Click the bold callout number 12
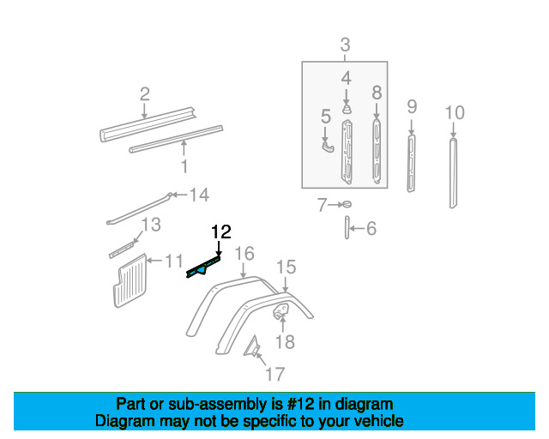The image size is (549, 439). click(221, 232)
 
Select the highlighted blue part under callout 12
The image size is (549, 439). click(203, 268)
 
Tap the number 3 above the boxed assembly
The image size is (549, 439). click(345, 45)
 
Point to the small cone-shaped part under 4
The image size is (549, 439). click(347, 109)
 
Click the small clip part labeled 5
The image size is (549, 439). click(328, 147)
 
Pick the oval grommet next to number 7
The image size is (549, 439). click(347, 204)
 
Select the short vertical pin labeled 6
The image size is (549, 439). click(347, 227)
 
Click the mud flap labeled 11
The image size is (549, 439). click(130, 280)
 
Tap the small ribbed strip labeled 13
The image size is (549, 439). click(122, 250)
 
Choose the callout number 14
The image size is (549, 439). click(199, 195)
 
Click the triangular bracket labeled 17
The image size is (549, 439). click(252, 346)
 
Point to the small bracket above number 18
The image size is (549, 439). click(281, 311)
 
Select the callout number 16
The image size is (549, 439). click(244, 254)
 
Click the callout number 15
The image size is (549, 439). click(287, 268)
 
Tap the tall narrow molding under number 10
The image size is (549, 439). click(453, 174)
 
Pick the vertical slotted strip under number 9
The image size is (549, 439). click(412, 163)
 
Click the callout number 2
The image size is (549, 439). click(145, 94)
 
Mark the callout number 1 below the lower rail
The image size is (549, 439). click(184, 166)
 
